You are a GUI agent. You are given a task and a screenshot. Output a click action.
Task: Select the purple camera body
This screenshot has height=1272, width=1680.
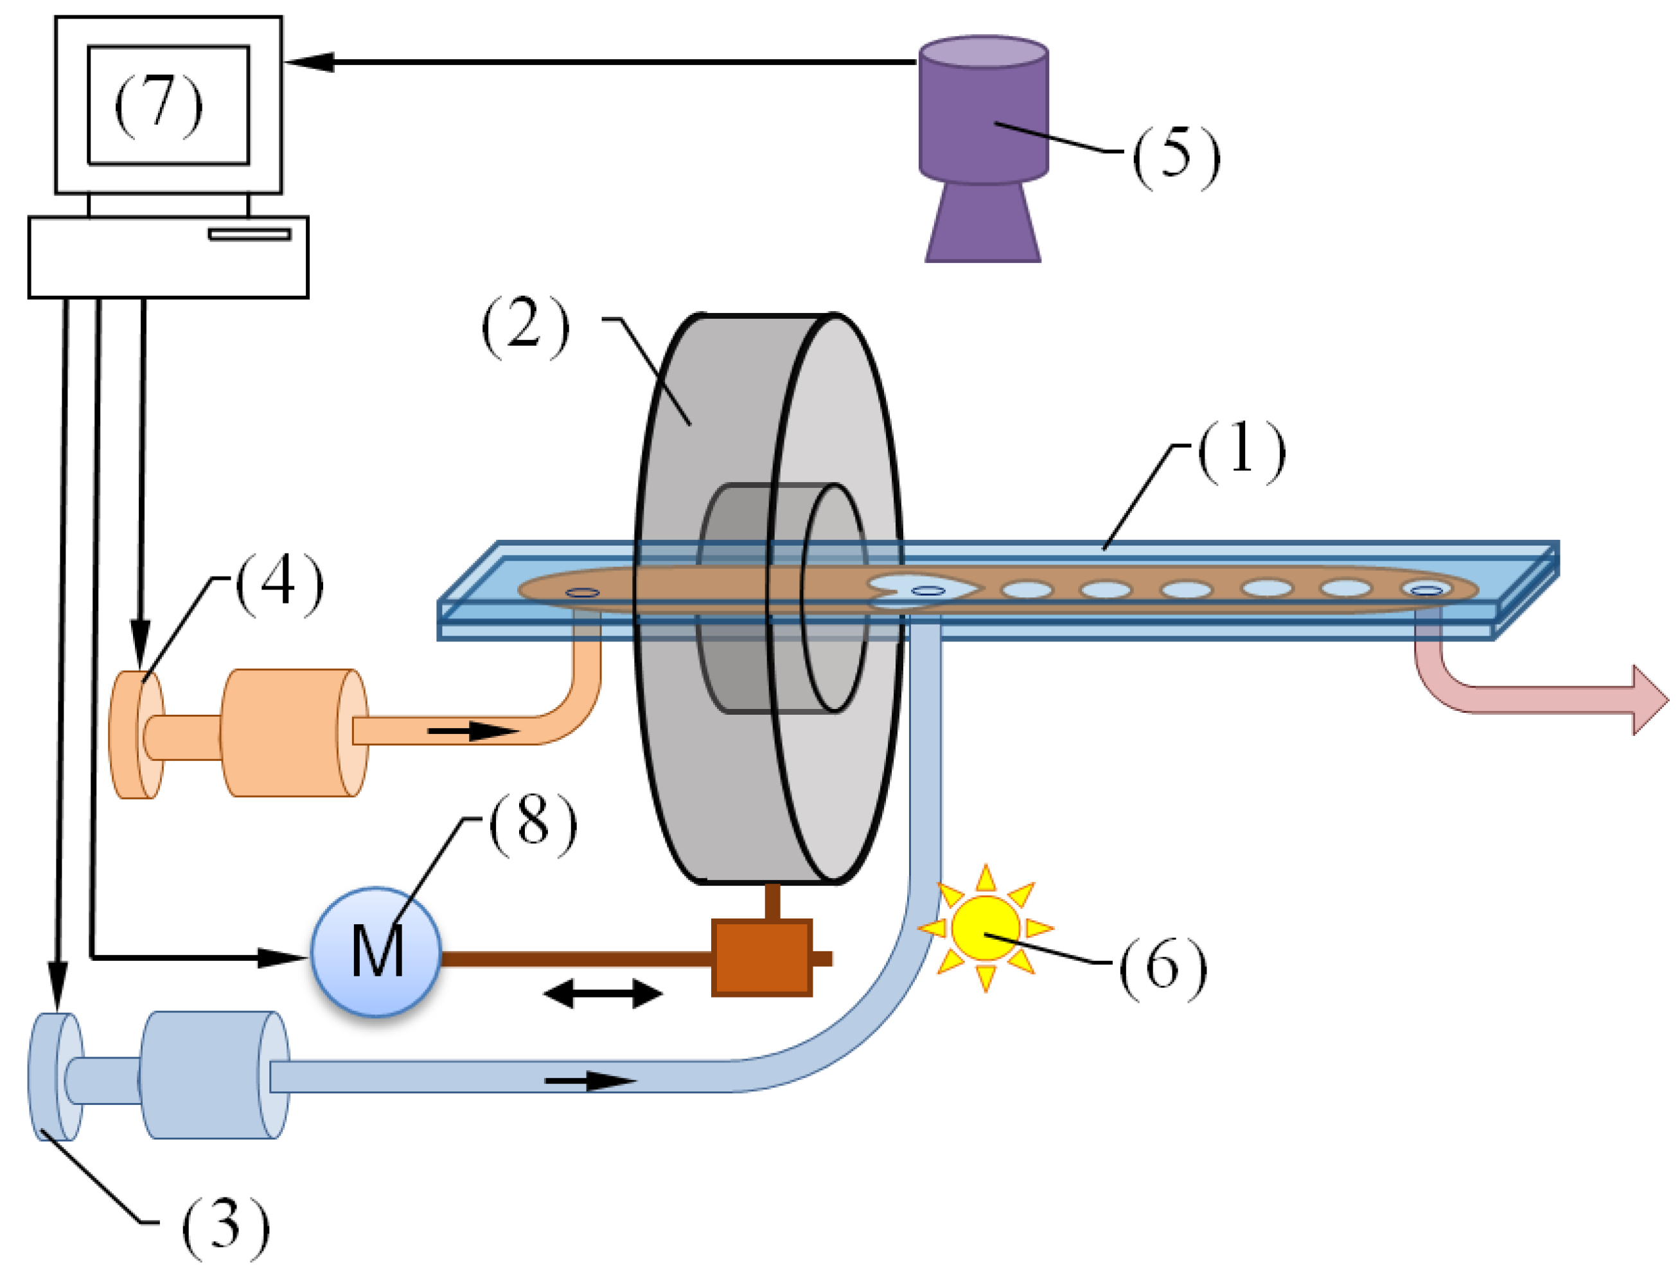[983, 114]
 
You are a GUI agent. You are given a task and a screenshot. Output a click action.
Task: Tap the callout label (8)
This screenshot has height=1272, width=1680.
[533, 824]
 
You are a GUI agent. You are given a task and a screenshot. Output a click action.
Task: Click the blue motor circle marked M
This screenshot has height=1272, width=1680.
[376, 951]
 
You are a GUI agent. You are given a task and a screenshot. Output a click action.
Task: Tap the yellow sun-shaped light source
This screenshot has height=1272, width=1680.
[985, 927]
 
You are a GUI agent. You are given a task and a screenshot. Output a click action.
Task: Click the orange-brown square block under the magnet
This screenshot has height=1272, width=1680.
[761, 958]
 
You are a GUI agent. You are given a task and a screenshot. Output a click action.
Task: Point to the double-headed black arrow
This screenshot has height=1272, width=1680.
[602, 993]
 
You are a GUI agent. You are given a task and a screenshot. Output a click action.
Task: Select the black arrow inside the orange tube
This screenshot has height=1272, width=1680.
[472, 731]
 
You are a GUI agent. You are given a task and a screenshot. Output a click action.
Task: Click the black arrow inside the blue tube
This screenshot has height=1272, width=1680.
[589, 1080]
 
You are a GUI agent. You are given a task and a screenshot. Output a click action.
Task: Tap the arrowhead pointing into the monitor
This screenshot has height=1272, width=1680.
[310, 62]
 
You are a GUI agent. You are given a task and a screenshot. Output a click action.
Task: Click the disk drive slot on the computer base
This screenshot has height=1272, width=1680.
[249, 234]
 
